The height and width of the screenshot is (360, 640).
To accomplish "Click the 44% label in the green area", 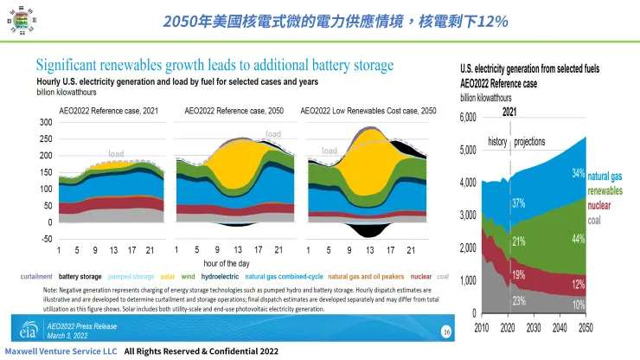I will click(x=578, y=238).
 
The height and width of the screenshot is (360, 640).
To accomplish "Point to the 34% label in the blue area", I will click(x=578, y=174).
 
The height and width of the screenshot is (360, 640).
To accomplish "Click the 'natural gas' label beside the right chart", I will click(x=611, y=177).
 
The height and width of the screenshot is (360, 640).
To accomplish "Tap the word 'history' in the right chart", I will click(x=497, y=141).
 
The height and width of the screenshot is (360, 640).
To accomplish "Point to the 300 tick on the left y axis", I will click(x=45, y=123).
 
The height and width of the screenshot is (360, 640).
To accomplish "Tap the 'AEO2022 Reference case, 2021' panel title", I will click(x=108, y=112).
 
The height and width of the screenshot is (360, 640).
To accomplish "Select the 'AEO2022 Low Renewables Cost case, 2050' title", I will click(x=368, y=112).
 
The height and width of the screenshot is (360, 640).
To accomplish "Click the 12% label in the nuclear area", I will click(x=578, y=284).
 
